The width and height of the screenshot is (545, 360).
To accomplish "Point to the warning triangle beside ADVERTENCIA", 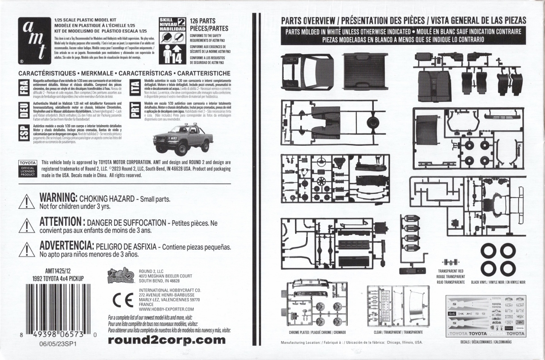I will tap(27, 250).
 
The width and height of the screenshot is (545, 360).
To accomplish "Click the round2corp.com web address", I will tap(166, 340).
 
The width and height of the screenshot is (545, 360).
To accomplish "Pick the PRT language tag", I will tap(134, 110).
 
